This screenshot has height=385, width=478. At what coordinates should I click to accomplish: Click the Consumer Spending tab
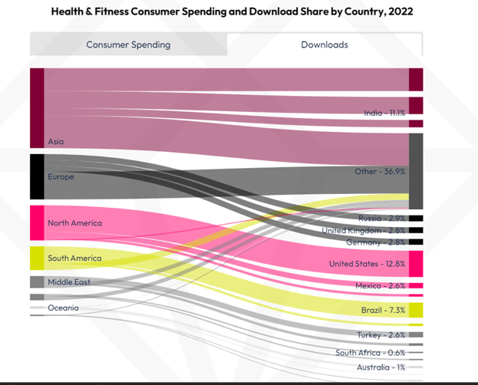pyautogui.click(x=128, y=44)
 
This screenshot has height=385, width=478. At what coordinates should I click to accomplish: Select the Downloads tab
pyautogui.click(x=324, y=44)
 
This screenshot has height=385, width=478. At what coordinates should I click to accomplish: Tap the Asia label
pyautogui.click(x=56, y=142)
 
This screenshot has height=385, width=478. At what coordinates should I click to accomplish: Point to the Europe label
pyautogui.click(x=61, y=177)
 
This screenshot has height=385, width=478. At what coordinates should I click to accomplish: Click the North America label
pyautogui.click(x=74, y=223)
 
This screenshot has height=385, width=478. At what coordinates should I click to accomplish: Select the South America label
pyautogui.click(x=74, y=258)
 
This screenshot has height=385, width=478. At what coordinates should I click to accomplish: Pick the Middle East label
pyautogui.click(x=69, y=282)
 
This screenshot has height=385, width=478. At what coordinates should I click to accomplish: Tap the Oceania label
pyautogui.click(x=63, y=308)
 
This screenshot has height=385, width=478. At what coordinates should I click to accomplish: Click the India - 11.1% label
pyautogui.click(x=384, y=113)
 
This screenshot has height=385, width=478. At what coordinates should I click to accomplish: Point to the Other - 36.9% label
pyautogui.click(x=380, y=172)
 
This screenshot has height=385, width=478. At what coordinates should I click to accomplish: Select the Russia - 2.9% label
pyautogui.click(x=382, y=219)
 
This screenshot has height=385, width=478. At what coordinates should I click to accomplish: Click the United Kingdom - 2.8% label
pyautogui.click(x=363, y=230)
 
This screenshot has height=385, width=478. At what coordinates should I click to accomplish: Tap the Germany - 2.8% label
pyautogui.click(x=375, y=242)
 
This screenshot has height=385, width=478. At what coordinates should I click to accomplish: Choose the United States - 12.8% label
pyautogui.click(x=367, y=264)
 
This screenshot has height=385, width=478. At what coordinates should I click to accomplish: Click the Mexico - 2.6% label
pyautogui.click(x=380, y=286)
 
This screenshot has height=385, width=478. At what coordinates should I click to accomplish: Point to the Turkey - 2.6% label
pyautogui.click(x=381, y=335)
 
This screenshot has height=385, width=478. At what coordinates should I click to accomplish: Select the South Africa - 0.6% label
pyautogui.click(x=370, y=353)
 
